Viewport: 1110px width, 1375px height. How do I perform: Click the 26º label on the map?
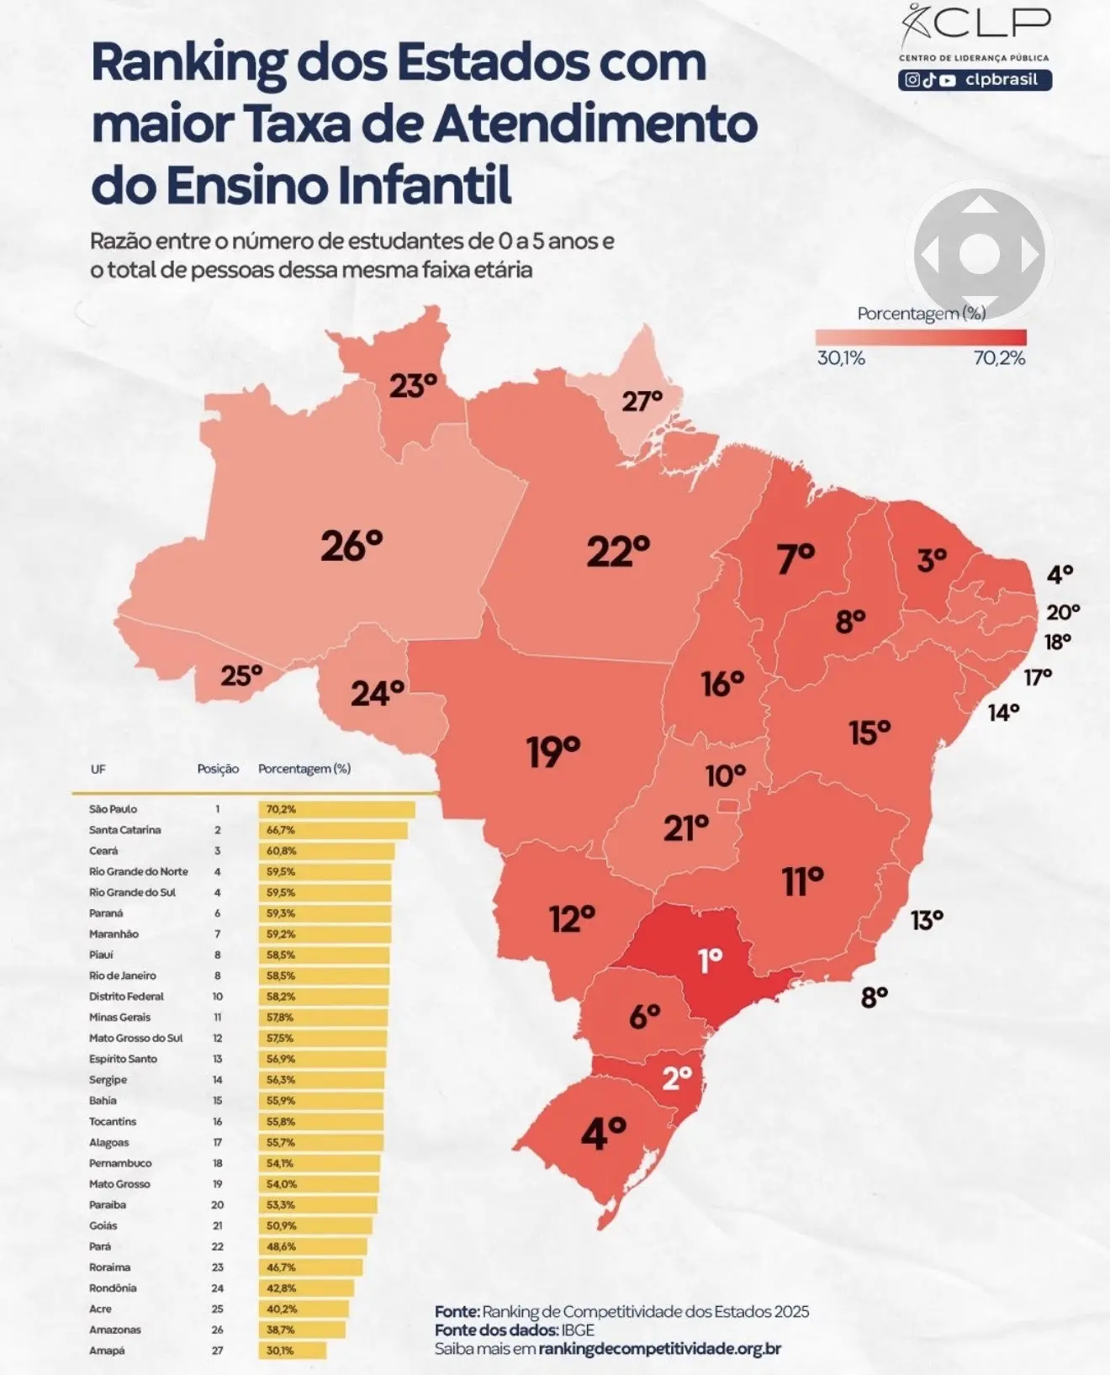point(351,546)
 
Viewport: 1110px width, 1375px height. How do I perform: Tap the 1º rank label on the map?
point(711,960)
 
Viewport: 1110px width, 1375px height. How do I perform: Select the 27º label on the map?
point(642,401)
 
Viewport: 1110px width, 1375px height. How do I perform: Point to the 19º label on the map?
point(553,751)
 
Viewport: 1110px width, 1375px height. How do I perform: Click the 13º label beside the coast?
point(927,920)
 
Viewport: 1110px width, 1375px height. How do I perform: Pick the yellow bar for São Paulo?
point(336,809)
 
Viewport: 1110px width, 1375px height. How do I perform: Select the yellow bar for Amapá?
point(292,1351)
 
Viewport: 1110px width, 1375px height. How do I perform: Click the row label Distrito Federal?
point(126,997)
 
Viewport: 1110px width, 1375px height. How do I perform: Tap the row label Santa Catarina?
point(124,830)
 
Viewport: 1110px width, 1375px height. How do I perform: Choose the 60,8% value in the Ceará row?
point(281,851)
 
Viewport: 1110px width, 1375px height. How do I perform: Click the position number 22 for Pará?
point(218,1246)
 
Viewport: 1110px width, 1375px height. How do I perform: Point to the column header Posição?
point(218,769)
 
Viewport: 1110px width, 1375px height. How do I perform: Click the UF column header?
point(98,769)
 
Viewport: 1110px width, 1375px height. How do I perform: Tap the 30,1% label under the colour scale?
point(841,358)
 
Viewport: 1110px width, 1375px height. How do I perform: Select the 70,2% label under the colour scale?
point(999,358)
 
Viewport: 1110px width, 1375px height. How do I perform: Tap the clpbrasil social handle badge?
point(975,81)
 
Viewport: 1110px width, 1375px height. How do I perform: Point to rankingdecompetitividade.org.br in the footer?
point(659,1348)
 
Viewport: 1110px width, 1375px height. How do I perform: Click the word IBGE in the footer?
point(578,1330)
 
